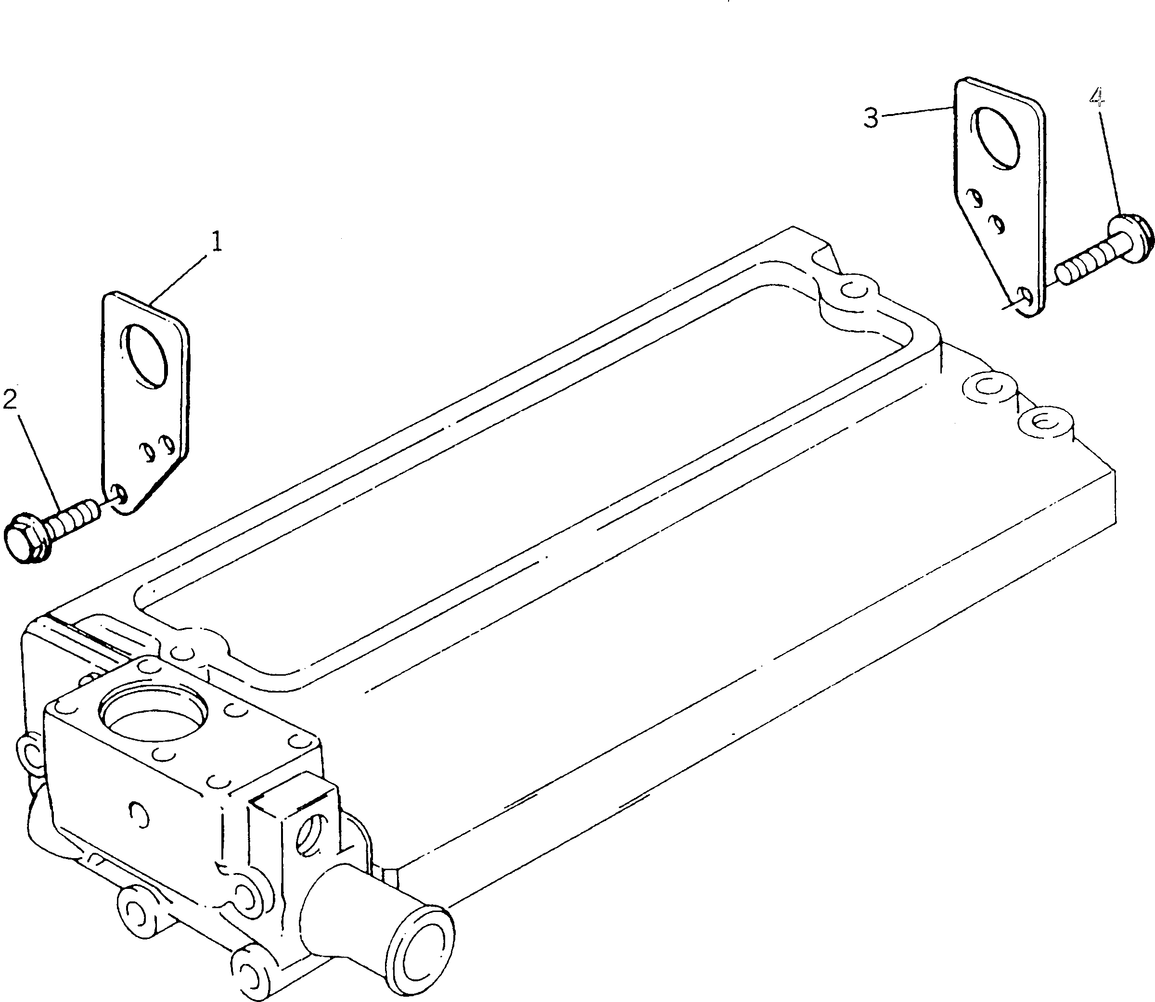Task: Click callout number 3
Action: [x=871, y=118]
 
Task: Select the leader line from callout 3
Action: [x=917, y=110]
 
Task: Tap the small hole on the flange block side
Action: [x=139, y=814]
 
